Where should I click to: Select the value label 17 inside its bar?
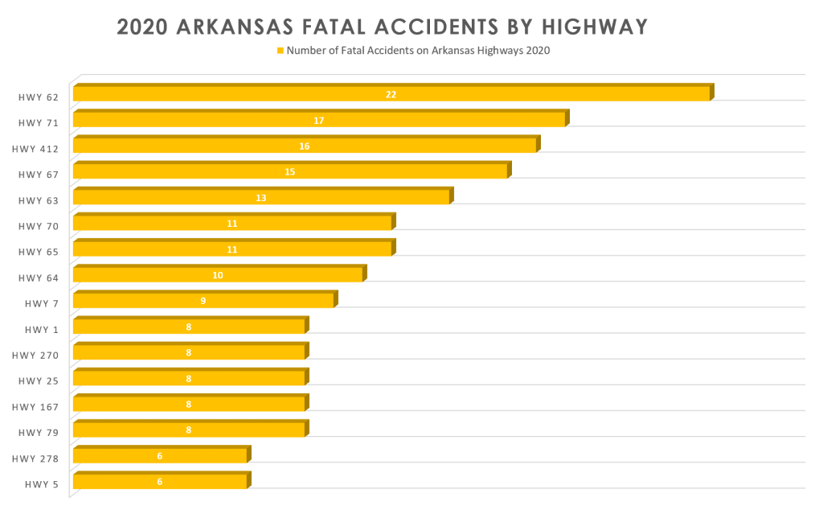[x=319, y=121]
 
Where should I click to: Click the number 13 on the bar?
[x=260, y=198]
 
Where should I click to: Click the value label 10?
[x=217, y=275]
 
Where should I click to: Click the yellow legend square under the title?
[x=280, y=51]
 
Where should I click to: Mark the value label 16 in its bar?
[x=304, y=146]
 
